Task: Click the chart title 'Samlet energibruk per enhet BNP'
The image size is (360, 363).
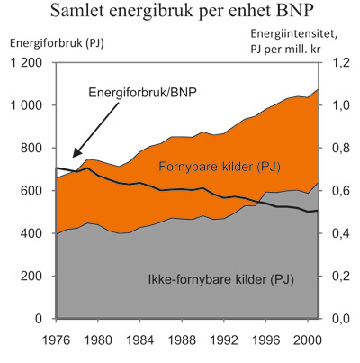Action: coord(179,14)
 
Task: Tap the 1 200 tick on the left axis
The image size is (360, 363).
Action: coord(26,63)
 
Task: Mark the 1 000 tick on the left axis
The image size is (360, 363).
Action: coord(26,105)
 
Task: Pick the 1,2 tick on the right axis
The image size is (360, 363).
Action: coord(339,63)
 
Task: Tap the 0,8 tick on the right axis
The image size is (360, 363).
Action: coord(339,149)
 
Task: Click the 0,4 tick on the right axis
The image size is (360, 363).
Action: coord(339,233)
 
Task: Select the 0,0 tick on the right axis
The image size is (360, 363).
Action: coord(339,319)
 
